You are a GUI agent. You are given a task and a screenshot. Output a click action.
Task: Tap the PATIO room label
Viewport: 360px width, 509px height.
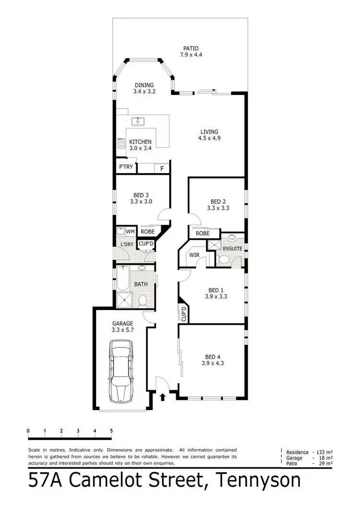[191, 48]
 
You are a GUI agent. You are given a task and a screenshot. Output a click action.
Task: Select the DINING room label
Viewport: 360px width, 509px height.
[144, 85]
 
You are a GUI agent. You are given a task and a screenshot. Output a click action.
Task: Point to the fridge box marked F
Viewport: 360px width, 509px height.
[162, 169]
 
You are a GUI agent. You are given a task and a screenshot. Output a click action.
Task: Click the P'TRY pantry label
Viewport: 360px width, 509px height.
[126, 167]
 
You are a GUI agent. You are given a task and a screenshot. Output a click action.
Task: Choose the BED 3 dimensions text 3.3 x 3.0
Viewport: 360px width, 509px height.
[141, 201]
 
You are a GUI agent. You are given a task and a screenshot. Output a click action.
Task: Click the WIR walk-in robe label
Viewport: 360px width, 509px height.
[194, 255]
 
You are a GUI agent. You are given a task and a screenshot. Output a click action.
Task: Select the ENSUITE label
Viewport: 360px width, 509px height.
[232, 249]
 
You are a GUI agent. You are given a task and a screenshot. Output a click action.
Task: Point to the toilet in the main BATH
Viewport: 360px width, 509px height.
[142, 301]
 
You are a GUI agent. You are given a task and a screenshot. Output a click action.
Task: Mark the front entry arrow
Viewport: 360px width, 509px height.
[162, 397]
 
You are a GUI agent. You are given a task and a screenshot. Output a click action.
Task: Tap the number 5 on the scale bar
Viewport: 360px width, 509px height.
[111, 431]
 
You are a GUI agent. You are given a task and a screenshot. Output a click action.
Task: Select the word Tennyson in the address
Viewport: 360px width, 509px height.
[259, 481]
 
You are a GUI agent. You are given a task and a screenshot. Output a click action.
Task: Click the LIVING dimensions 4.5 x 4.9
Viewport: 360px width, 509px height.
[209, 138]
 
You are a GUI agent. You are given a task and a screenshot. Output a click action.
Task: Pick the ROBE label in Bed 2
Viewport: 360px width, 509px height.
[202, 234]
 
